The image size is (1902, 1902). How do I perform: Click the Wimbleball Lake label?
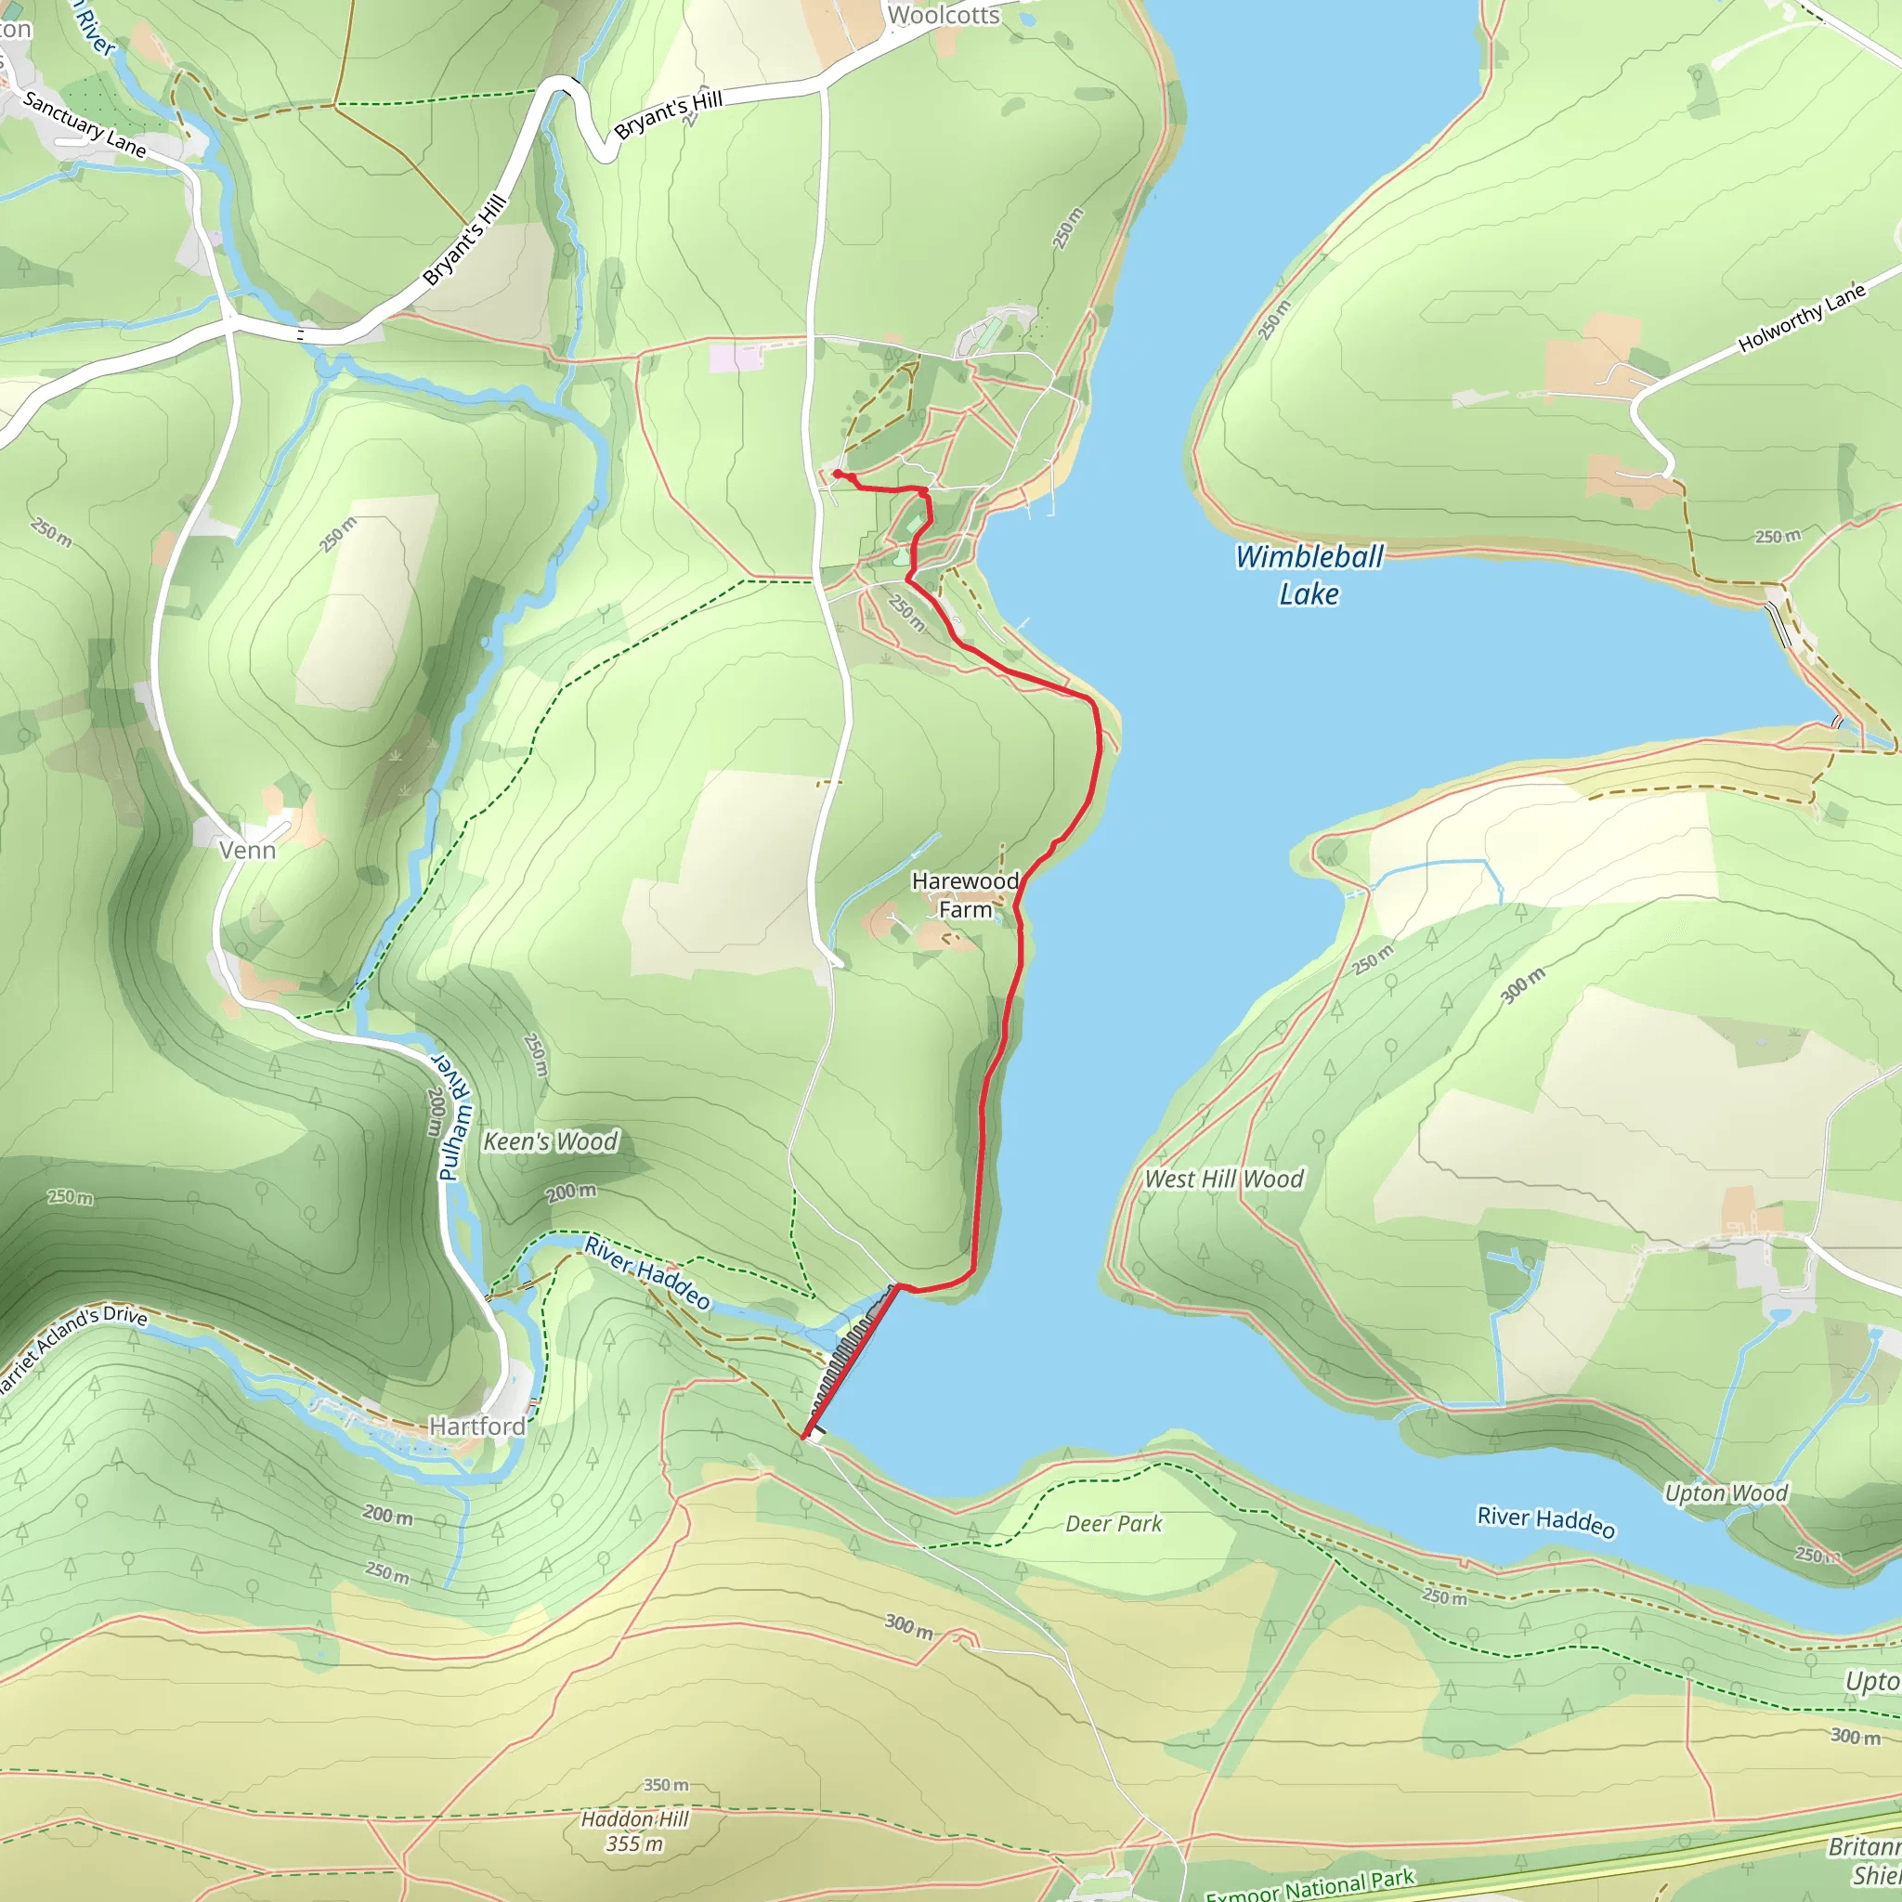click(1309, 575)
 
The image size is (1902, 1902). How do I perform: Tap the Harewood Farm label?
click(965, 895)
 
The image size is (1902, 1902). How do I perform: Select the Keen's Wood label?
click(551, 1141)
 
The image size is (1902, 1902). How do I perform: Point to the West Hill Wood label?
click(1224, 1179)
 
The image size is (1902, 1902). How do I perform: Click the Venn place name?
click(247, 850)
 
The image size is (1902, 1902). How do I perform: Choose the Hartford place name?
click(477, 1426)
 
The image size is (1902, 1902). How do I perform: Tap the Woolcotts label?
click(944, 15)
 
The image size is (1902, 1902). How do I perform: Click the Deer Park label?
click(1114, 1524)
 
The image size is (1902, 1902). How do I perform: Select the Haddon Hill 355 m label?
click(635, 1831)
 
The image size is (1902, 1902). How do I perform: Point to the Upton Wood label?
click(1726, 1493)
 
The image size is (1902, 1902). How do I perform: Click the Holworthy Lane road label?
click(1802, 318)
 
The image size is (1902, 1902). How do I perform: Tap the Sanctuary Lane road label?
click(84, 124)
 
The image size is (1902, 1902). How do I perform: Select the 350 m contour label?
click(667, 1785)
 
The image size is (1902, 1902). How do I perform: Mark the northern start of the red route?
click(836, 474)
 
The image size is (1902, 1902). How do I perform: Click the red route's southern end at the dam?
click(804, 1439)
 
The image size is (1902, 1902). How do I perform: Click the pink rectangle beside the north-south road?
click(736, 358)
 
